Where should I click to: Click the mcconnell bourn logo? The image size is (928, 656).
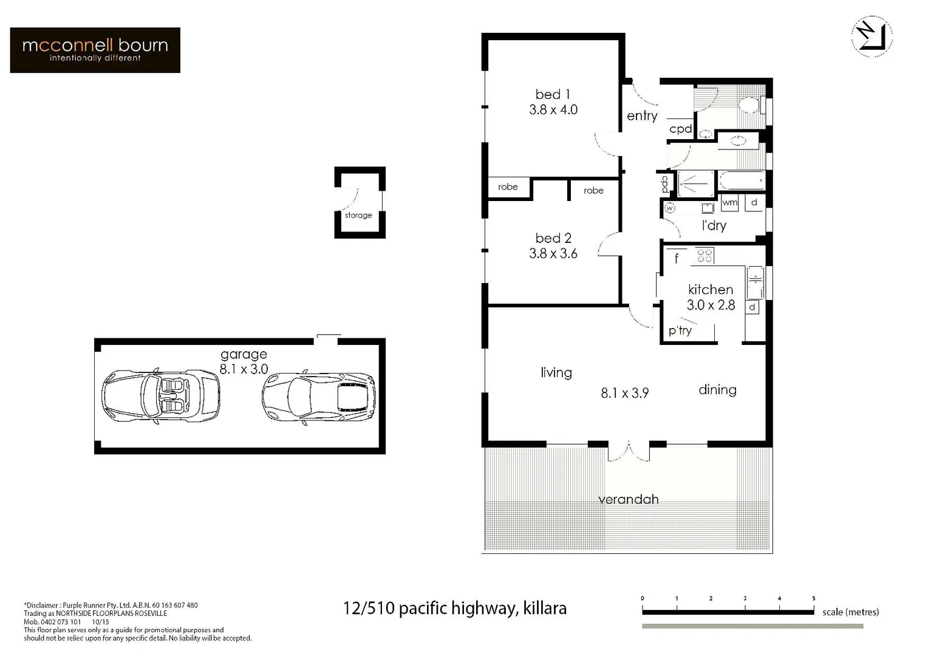(x=95, y=50)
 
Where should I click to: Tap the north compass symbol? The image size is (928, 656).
(x=872, y=37)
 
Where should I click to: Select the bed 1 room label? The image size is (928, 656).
(x=553, y=94)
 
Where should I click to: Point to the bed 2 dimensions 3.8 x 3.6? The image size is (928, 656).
(x=553, y=254)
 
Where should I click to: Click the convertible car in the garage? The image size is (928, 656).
(x=160, y=395)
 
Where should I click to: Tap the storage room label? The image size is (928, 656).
(x=358, y=215)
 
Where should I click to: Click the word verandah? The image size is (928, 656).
(x=628, y=499)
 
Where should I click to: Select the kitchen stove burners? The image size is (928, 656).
(x=705, y=256)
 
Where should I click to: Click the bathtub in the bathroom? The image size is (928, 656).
(x=742, y=181)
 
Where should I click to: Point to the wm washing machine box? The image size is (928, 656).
(x=729, y=202)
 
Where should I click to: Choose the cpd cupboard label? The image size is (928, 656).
(x=680, y=129)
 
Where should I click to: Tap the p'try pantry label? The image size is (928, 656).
(x=680, y=330)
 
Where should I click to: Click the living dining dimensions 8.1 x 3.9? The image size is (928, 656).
(x=624, y=393)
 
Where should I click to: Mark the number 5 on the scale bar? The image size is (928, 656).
(x=813, y=598)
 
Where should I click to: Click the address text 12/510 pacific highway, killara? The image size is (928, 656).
(x=454, y=608)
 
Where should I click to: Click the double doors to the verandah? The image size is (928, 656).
(x=629, y=451)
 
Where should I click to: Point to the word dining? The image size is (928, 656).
(x=717, y=390)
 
